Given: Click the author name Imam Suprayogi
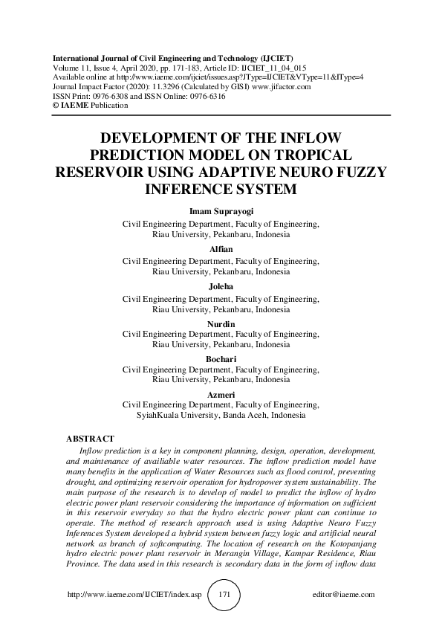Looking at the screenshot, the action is coord(221,211).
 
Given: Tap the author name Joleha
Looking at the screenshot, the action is coord(221,286).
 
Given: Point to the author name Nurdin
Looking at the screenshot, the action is coord(221,323).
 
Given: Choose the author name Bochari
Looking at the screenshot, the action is coord(221,360).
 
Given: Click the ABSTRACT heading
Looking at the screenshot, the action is coord(90,439).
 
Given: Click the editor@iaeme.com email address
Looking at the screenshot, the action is coord(345,596).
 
